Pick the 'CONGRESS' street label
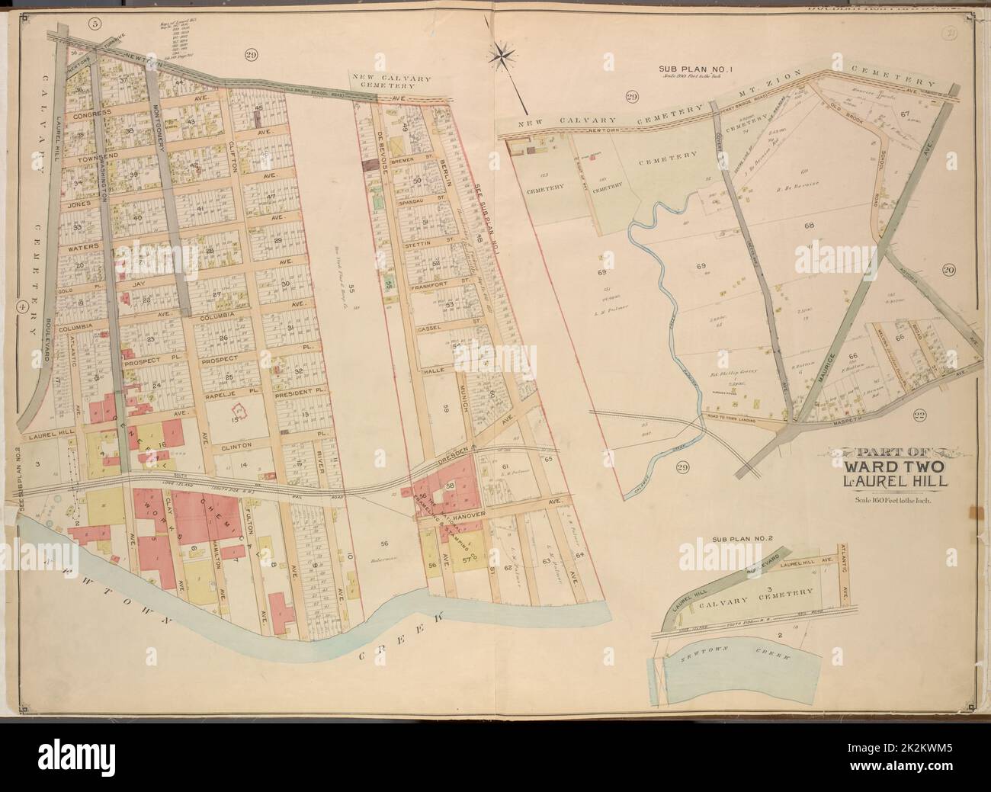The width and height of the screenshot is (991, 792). pyautogui.click(x=91, y=113)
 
